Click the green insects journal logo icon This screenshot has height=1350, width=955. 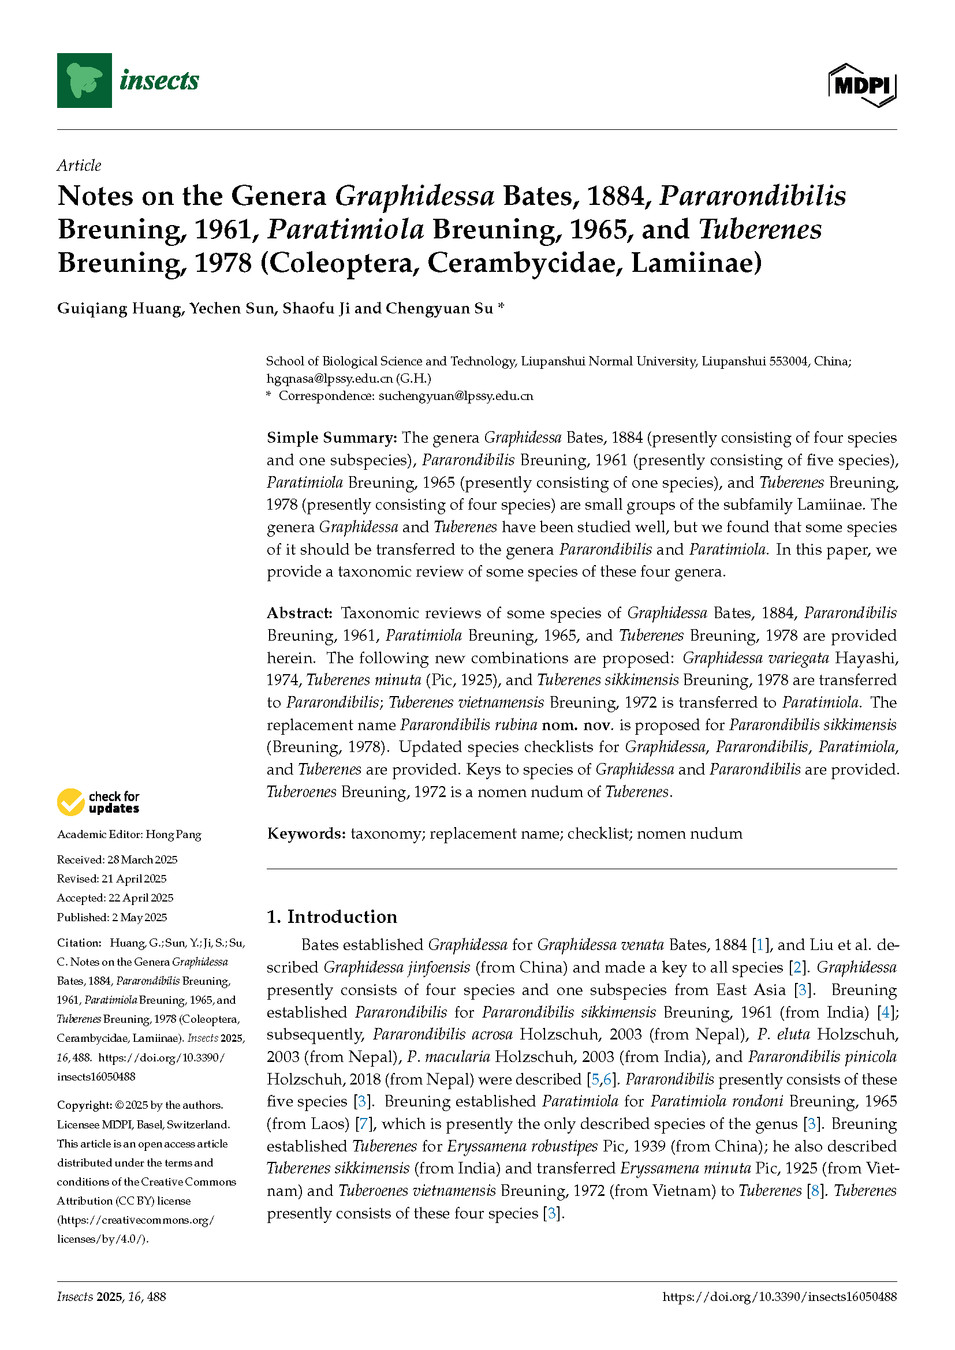(x=84, y=81)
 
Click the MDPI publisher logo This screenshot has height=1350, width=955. (x=862, y=86)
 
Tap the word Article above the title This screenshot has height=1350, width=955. (x=79, y=166)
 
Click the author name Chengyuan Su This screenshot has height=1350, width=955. (x=439, y=309)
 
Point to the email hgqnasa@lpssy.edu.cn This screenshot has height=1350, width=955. (x=329, y=379)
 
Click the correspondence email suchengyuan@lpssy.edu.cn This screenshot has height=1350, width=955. (x=456, y=397)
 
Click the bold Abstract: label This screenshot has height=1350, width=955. (x=300, y=614)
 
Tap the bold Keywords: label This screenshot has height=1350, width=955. (x=306, y=834)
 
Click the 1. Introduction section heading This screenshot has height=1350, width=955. (x=331, y=917)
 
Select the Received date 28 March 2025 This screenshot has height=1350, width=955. (x=141, y=860)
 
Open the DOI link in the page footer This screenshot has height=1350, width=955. (x=779, y=1296)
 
